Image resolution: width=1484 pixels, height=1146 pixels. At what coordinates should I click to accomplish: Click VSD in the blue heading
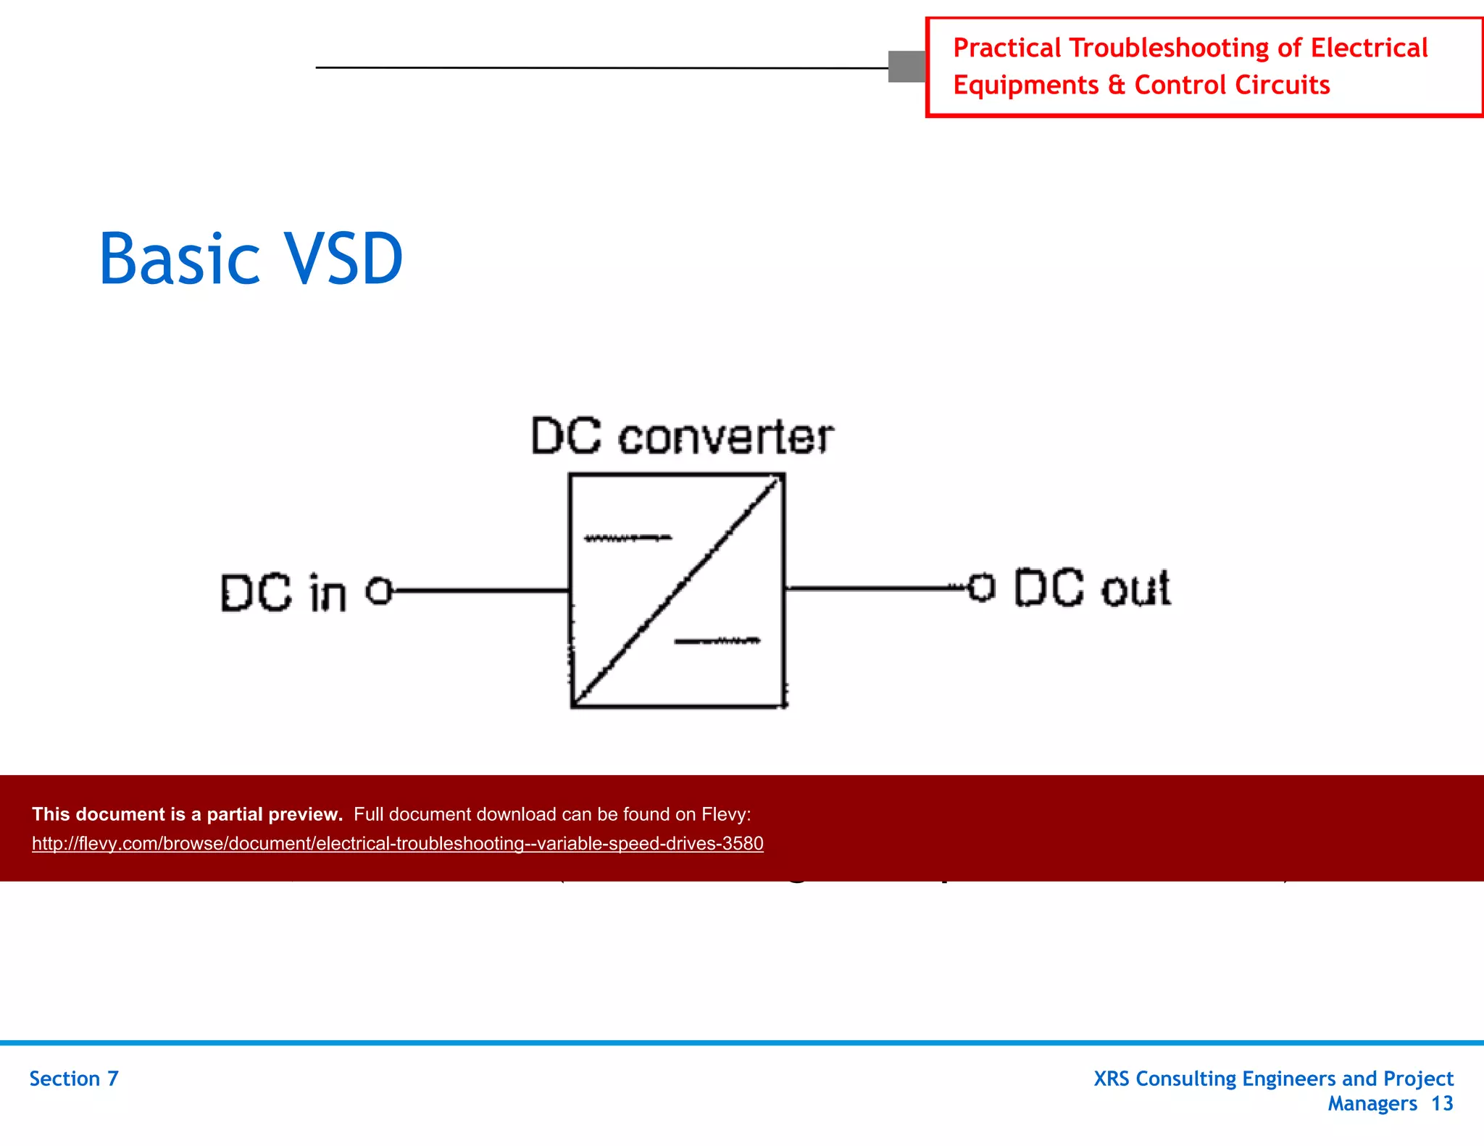[x=343, y=259]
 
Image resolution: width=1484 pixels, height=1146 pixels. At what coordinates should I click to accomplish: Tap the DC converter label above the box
[x=682, y=437]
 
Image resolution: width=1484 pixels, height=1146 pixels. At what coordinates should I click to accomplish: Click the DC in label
[x=283, y=593]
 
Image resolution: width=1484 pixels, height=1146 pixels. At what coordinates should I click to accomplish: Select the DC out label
[x=1091, y=587]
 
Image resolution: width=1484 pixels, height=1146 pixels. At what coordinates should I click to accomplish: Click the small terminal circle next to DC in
[x=379, y=590]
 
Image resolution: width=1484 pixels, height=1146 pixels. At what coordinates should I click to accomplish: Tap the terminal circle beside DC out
[x=981, y=587]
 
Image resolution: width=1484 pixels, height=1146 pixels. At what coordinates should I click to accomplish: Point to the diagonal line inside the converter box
[x=678, y=590]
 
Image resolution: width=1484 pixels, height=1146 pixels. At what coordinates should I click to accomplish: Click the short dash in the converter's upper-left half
[x=628, y=538]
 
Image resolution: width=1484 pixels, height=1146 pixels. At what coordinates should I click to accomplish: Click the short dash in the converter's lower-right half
[x=717, y=640]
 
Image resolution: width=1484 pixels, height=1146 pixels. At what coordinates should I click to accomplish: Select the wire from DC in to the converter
[x=478, y=590]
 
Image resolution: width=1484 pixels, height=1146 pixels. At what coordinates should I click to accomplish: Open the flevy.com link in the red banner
[x=397, y=843]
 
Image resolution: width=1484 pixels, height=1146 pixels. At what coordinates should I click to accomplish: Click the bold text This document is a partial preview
[x=187, y=814]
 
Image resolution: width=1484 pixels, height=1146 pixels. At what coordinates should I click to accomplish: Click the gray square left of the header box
[x=906, y=67]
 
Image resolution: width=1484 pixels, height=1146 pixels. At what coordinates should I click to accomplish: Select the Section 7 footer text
[x=73, y=1079]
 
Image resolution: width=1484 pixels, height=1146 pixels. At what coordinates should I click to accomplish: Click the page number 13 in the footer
[x=1442, y=1103]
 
